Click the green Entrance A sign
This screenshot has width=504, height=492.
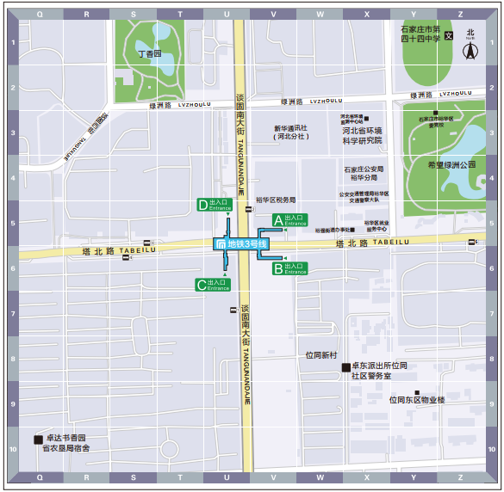(289, 220)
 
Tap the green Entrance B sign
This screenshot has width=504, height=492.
(289, 268)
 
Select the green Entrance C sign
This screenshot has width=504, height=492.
(213, 285)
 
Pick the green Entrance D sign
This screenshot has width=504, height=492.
(215, 205)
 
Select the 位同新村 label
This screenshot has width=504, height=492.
(326, 354)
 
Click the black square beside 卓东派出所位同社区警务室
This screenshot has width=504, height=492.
(345, 368)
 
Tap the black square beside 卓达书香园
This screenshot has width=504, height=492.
(37, 440)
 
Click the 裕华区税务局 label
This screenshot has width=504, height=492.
(276, 199)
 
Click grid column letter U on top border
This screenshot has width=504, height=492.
(227, 14)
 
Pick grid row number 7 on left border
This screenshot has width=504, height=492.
(12, 313)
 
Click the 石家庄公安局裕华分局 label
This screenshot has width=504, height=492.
(364, 174)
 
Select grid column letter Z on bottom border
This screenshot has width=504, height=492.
(460, 477)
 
